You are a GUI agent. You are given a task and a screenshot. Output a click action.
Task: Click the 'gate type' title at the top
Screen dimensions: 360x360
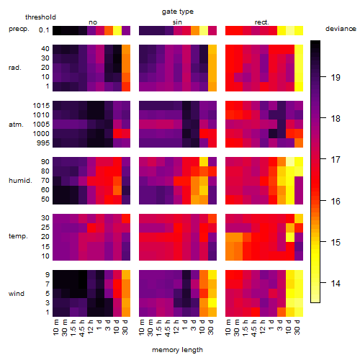pyautogui.click(x=178, y=12)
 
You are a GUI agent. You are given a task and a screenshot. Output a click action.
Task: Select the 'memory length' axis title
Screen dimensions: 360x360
pyautogui.click(x=177, y=350)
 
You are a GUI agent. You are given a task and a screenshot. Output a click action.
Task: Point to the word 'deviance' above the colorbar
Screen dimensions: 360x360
pyautogui.click(x=341, y=29)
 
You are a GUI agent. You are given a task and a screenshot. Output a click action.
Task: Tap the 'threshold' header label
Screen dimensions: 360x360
pyautogui.click(x=40, y=17)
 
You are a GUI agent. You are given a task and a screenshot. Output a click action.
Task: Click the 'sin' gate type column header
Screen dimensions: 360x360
pyautogui.click(x=177, y=22)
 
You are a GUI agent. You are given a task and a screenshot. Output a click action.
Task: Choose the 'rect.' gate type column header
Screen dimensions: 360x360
pyautogui.click(x=261, y=22)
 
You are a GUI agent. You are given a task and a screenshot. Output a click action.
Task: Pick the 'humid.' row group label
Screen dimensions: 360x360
pyautogui.click(x=20, y=181)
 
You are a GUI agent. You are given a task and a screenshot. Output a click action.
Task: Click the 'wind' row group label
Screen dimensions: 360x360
pyautogui.click(x=17, y=294)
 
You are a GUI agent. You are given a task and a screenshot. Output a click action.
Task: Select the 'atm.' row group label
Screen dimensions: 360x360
pyautogui.click(x=16, y=125)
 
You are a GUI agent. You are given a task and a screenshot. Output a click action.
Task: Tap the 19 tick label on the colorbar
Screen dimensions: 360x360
pyautogui.click(x=336, y=77)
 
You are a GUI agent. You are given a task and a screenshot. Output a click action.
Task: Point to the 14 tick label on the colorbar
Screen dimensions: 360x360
pyautogui.click(x=336, y=284)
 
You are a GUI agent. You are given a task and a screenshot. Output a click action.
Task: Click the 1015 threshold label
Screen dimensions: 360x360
pyautogui.click(x=41, y=105)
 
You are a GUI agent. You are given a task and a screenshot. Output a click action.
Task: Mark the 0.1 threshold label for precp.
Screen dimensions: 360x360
pyautogui.click(x=44, y=30)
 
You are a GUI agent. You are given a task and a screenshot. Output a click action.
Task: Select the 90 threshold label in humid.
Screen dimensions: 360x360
pyautogui.click(x=45, y=161)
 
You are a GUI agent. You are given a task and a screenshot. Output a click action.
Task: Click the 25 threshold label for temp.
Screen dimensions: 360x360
pyautogui.click(x=45, y=227)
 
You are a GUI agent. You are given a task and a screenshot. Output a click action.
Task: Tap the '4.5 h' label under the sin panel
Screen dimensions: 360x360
pyautogui.click(x=168, y=328)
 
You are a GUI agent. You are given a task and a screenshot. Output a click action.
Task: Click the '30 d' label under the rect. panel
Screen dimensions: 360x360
pyautogui.click(x=297, y=328)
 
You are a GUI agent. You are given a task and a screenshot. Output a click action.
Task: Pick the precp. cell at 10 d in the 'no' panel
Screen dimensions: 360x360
pyautogui.click(x=117, y=30)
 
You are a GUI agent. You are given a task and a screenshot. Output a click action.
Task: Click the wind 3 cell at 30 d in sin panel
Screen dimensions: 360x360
pyautogui.click(x=212, y=303)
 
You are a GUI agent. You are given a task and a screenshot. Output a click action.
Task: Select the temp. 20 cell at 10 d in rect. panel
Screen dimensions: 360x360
pyautogui.click(x=290, y=237)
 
